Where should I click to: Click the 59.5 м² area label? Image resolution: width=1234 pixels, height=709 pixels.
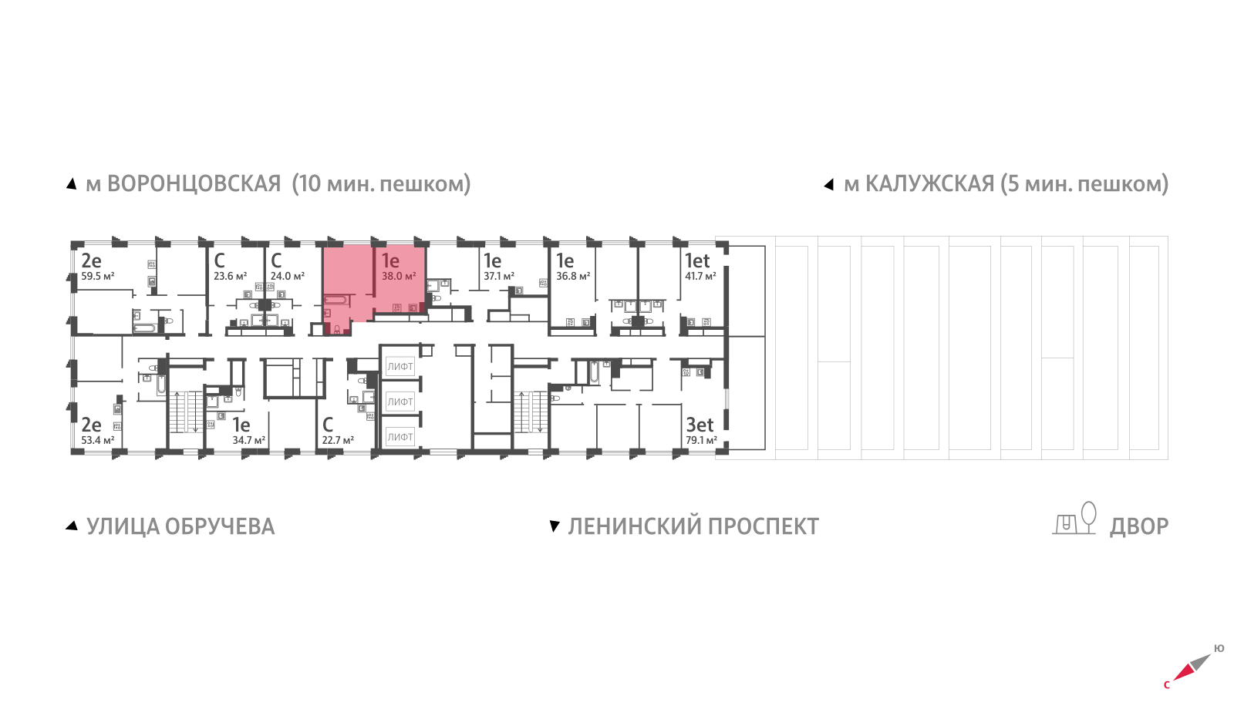click(98, 276)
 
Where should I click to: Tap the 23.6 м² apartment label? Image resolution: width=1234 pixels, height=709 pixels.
click(230, 276)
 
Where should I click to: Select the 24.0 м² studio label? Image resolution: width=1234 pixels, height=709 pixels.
click(287, 276)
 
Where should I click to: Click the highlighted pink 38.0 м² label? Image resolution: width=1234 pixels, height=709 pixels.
click(399, 276)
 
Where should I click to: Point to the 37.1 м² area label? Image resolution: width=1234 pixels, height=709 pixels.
click(498, 276)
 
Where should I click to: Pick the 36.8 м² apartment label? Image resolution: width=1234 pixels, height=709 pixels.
click(573, 276)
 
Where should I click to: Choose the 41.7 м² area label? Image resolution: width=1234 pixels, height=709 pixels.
click(700, 276)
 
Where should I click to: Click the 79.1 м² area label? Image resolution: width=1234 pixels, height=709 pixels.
click(701, 441)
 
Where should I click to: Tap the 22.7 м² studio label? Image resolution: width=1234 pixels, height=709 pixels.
click(338, 441)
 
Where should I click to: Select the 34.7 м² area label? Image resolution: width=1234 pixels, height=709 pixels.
click(248, 441)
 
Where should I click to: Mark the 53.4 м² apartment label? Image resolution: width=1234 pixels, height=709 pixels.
click(98, 441)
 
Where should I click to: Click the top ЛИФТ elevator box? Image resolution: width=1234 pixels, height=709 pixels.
click(400, 367)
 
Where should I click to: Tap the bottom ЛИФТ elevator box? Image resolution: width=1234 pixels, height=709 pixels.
click(400, 437)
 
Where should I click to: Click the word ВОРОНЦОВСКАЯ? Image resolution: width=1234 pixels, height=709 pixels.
click(194, 184)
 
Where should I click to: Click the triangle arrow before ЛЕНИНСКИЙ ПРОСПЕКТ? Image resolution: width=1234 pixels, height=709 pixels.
click(554, 526)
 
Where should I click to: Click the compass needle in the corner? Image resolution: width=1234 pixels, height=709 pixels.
click(1192, 667)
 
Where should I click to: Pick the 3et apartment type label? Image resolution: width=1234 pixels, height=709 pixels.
click(700, 425)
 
